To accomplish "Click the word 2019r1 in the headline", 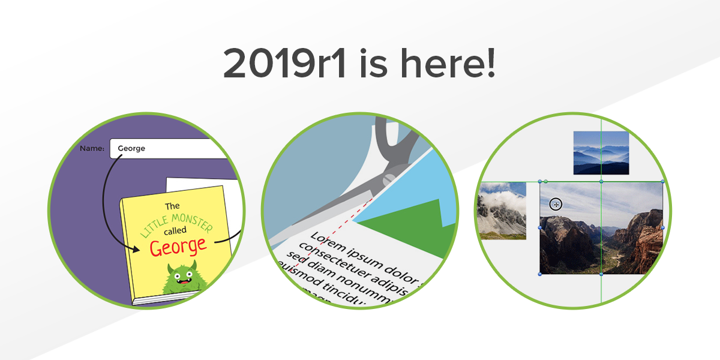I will [x=284, y=63].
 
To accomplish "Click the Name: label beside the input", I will [x=92, y=148].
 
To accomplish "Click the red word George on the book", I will [x=178, y=245].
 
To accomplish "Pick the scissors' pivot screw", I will [x=388, y=178].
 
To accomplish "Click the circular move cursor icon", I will [x=556, y=205].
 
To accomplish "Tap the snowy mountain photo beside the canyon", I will [x=502, y=211].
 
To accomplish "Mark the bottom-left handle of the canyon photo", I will [x=540, y=274].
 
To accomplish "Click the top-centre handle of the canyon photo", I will [x=601, y=181].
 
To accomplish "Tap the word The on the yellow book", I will [x=172, y=205].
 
